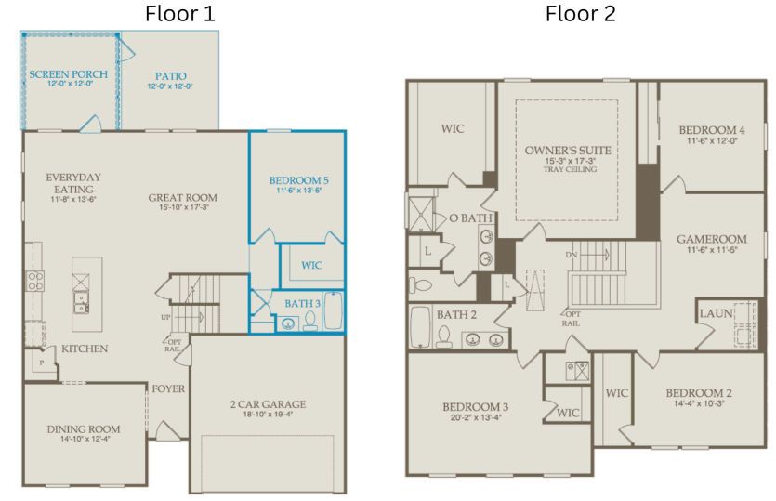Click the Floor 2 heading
580,14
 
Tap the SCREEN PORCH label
68,73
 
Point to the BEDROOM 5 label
298,179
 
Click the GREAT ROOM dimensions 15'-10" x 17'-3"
182,208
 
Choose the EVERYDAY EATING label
73,182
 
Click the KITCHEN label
85,349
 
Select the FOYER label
167,388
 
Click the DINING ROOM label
84,428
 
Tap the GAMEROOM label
711,239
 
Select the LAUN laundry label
716,313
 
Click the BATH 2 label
456,314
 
